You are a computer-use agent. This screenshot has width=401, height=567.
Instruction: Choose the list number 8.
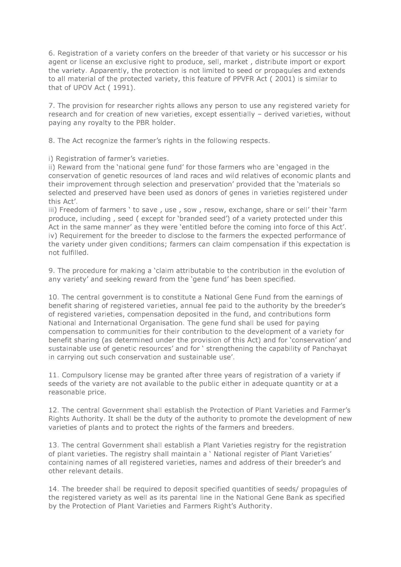coord(51,140)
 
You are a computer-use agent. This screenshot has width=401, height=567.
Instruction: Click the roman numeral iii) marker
coord(53,210)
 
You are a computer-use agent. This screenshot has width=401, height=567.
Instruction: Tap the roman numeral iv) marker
coord(52,236)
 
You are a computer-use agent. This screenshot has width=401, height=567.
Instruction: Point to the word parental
coord(183,498)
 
